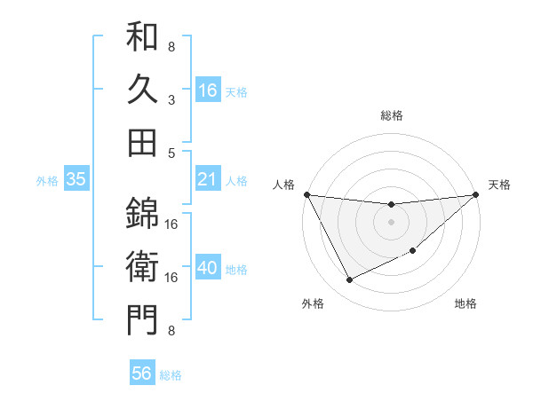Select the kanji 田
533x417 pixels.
coord(142,141)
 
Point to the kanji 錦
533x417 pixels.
coord(142,212)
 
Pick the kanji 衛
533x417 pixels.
coord(142,266)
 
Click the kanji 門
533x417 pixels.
coord(142,319)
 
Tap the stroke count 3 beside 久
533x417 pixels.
coord(171,100)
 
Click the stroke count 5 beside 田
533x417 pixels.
coord(171,153)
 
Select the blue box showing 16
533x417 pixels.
coord(208,90)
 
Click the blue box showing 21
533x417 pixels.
coord(208,180)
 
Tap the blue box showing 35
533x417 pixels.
coord(76,180)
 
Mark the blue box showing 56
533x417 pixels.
coord(142,374)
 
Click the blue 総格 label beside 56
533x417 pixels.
coord(171,375)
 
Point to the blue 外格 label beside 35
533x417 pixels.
coord(47,181)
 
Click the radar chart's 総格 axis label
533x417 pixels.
coord(391,115)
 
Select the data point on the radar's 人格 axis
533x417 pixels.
coord(306,193)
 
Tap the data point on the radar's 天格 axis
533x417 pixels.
coord(476,194)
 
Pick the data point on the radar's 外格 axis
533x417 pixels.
coord(349,280)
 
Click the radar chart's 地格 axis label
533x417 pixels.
coord(465,303)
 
